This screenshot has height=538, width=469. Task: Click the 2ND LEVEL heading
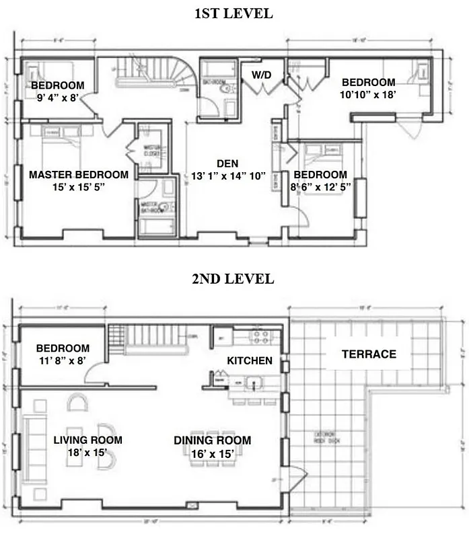point(233,279)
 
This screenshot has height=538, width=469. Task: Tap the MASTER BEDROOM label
point(79,174)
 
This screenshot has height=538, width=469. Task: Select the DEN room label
point(227,163)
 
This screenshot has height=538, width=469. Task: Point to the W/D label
point(262,74)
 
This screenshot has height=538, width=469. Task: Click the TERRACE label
point(368,354)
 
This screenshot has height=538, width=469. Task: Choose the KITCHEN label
point(250,360)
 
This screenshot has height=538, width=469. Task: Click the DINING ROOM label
point(212,440)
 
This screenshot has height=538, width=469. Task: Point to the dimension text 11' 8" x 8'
point(62,360)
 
